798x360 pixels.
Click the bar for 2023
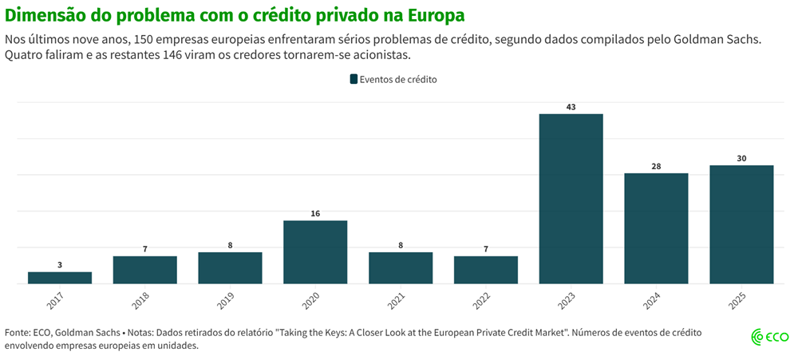571,199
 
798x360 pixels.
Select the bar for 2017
60,278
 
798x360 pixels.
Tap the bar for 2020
315,251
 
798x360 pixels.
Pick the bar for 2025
741,224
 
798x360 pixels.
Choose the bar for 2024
656,228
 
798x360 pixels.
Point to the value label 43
571,107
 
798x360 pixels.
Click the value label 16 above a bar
315,213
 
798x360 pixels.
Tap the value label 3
60,264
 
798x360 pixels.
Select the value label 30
741,158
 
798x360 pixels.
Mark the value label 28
656,166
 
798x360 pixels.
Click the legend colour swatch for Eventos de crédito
354,79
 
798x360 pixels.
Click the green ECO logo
770,338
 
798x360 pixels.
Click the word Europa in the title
437,15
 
